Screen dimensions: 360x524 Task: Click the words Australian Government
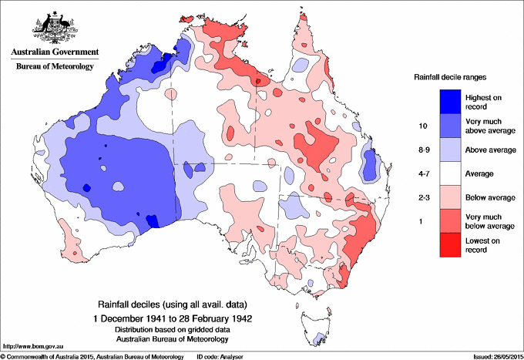(x=54, y=52)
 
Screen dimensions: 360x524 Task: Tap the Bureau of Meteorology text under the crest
(x=54, y=66)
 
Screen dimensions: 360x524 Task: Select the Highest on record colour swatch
(x=448, y=101)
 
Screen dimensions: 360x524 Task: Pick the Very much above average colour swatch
(x=448, y=125)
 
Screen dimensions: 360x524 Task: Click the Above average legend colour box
(x=448, y=150)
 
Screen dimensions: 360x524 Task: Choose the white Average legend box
(x=448, y=173)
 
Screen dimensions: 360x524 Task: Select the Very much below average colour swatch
(x=448, y=222)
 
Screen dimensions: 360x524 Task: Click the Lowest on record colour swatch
(x=448, y=246)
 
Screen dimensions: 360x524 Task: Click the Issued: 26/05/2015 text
(x=494, y=356)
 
